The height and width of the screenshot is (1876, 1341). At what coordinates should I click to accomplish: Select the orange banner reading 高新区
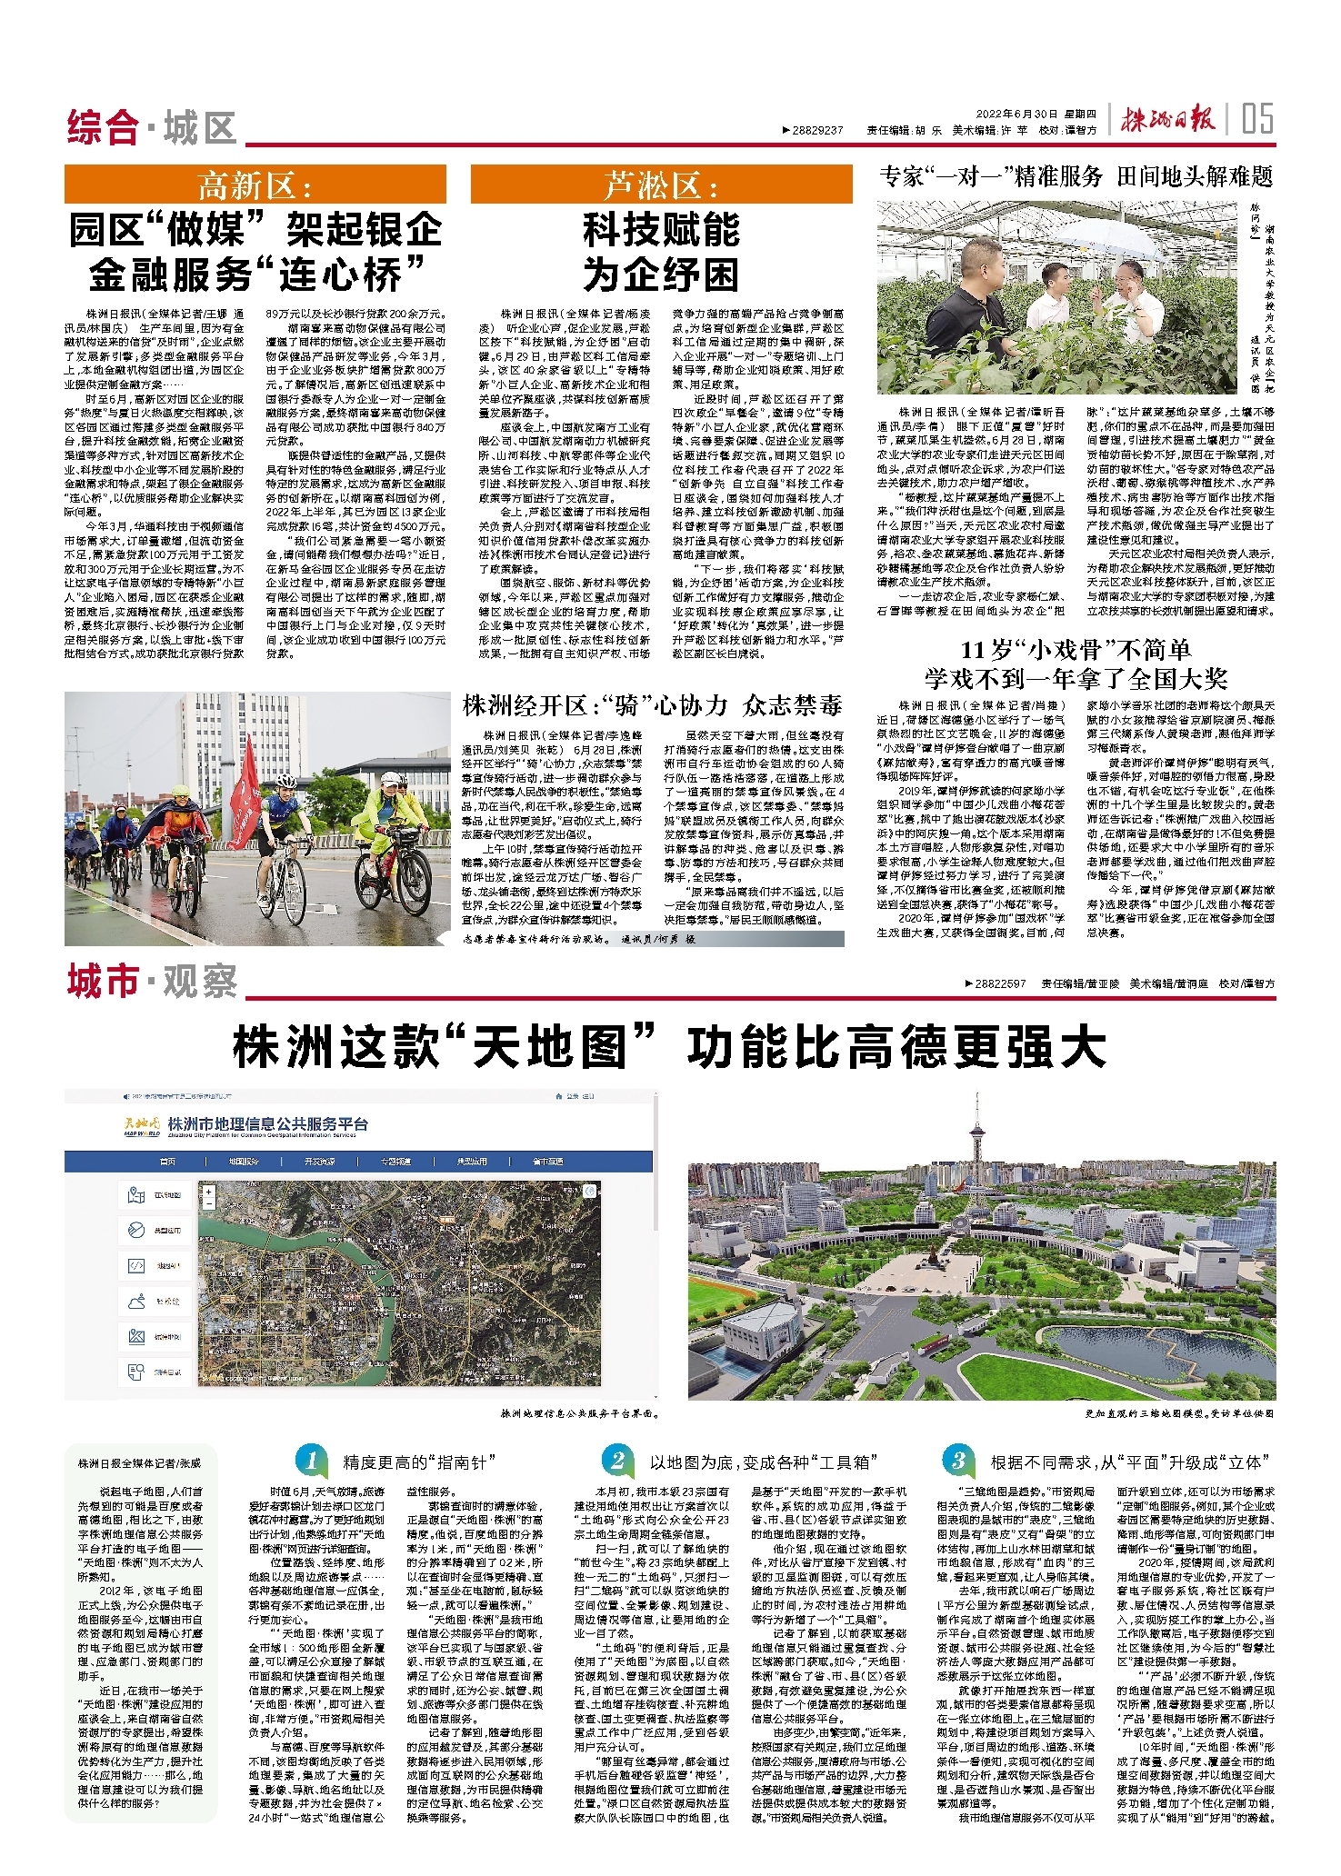pos(255,185)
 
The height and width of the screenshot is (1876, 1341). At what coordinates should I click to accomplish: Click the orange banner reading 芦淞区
pos(661,185)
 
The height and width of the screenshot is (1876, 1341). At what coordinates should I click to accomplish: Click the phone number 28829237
pos(817,131)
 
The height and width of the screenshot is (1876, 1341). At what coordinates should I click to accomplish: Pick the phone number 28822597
pos(999,983)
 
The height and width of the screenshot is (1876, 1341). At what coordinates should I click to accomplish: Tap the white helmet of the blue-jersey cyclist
pos(285,780)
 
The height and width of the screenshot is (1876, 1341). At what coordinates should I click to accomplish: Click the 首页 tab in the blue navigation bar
pos(167,1162)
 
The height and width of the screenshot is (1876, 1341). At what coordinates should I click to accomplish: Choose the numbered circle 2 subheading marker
pos(616,1461)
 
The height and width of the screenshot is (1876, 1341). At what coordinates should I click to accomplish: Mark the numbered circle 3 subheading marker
pos(958,1461)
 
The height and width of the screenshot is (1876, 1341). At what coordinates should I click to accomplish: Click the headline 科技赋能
pos(661,230)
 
